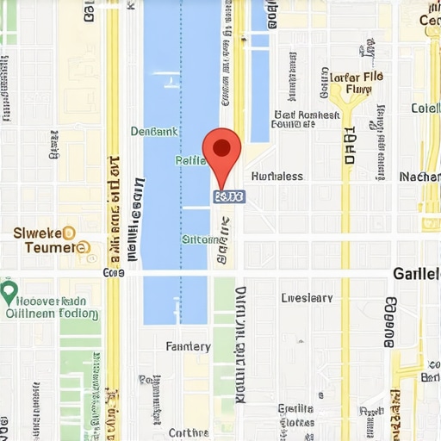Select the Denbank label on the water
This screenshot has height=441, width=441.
(x=154, y=132)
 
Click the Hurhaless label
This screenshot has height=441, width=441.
(x=276, y=176)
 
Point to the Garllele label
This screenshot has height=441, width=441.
(x=416, y=273)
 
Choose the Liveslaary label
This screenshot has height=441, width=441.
(x=307, y=298)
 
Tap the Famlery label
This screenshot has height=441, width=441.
(x=188, y=346)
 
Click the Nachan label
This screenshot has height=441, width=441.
(x=419, y=176)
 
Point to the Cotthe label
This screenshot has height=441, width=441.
(x=189, y=432)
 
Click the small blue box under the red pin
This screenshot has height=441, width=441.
(x=228, y=197)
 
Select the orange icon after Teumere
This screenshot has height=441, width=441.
(x=83, y=248)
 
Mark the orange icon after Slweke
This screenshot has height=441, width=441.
(x=69, y=233)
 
